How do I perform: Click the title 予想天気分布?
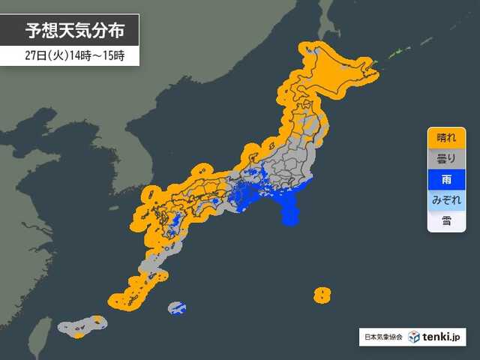(72, 31)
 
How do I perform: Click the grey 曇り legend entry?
(445, 159)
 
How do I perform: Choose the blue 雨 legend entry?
(445, 180)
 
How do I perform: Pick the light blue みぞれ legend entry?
(445, 200)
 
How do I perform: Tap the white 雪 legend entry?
(445, 221)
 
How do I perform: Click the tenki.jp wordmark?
(442, 337)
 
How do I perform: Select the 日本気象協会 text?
(382, 337)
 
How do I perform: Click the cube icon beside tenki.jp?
(414, 337)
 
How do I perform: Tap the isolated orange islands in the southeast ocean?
(322, 294)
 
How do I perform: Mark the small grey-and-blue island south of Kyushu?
(177, 308)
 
